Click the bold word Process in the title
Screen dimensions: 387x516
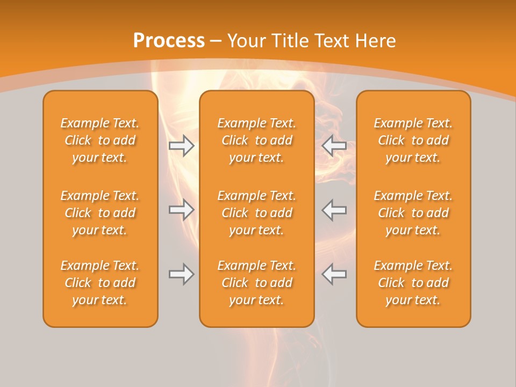coord(169,41)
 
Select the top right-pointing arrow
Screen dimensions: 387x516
coord(182,146)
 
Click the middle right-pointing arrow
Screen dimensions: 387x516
coord(182,210)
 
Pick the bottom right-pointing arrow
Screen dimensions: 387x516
coord(182,274)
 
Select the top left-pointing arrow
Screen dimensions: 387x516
coord(334,146)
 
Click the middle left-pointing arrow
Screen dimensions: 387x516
coord(334,210)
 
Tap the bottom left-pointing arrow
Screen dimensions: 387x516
coord(334,274)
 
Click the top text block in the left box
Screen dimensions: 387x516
coord(100,140)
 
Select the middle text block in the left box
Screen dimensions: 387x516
coord(100,213)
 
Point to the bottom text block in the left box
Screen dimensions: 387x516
coord(100,283)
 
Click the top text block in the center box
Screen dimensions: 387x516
coord(256,140)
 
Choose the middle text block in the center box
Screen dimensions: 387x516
coord(256,213)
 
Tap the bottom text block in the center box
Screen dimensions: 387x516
coord(256,283)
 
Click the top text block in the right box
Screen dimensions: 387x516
coord(413,140)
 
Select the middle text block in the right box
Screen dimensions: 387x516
coord(413,213)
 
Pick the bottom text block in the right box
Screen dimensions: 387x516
coord(413,283)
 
